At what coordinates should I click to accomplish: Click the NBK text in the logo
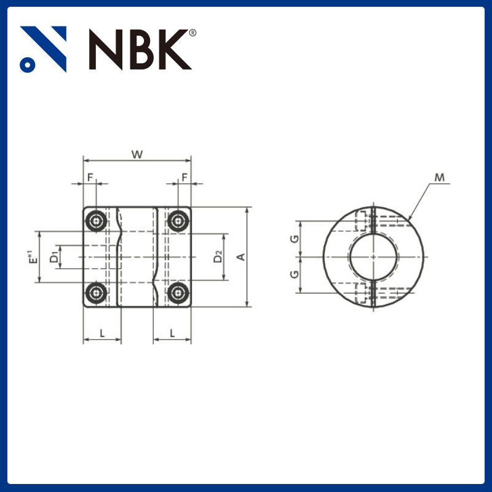pyautogui.click(x=140, y=49)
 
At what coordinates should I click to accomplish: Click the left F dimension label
pyautogui.click(x=90, y=177)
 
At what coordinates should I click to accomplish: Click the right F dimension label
pyautogui.click(x=184, y=177)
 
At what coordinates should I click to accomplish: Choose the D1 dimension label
pyautogui.click(x=54, y=256)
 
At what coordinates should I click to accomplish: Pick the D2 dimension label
pyautogui.click(x=218, y=257)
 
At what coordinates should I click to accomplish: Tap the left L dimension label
pyautogui.click(x=102, y=333)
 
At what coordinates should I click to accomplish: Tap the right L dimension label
pyautogui.click(x=172, y=333)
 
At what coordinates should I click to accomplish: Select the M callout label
pyautogui.click(x=439, y=178)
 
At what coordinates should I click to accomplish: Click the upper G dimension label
pyautogui.click(x=295, y=238)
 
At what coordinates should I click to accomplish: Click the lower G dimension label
pyautogui.click(x=295, y=274)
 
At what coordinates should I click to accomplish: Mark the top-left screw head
pyautogui.click(x=96, y=221)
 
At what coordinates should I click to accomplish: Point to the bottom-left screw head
pyautogui.click(x=96, y=293)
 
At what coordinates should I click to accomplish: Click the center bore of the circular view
pyautogui.click(x=374, y=256)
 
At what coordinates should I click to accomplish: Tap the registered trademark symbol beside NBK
pyautogui.click(x=192, y=33)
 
